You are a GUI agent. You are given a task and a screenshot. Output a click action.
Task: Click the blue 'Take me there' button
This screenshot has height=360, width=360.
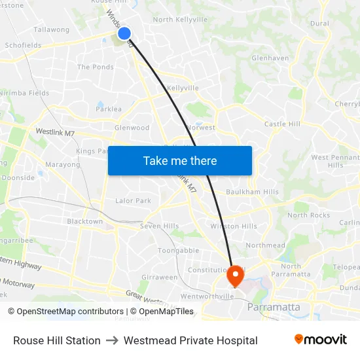(x=180, y=160)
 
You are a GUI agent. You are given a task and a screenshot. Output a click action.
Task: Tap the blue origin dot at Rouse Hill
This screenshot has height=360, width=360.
(x=124, y=33)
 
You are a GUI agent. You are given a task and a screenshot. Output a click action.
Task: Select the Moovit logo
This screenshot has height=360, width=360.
(x=321, y=340)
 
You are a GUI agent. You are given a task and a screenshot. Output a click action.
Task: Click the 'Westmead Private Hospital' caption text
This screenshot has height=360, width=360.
(x=190, y=340)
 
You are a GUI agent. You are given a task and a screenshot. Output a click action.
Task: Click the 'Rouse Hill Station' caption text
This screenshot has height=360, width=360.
(x=57, y=340)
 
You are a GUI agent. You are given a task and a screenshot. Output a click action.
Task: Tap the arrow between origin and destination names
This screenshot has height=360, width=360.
(x=112, y=340)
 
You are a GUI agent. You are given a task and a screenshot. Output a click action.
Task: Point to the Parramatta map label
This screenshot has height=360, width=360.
(x=274, y=307)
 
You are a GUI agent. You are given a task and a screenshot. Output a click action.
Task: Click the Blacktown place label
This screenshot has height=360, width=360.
(x=85, y=221)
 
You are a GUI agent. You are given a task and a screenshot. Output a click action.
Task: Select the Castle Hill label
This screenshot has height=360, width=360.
(x=282, y=124)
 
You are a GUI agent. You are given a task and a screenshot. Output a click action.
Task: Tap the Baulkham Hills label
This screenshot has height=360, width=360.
(x=252, y=192)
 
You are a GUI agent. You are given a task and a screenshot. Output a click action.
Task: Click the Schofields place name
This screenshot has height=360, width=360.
(x=23, y=45)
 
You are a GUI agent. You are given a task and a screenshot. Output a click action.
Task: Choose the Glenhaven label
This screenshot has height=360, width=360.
(x=270, y=58)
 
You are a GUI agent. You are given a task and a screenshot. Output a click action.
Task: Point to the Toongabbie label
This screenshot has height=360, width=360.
(x=178, y=250)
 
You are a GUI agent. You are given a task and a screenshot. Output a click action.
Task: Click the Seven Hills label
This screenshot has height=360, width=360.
(x=159, y=226)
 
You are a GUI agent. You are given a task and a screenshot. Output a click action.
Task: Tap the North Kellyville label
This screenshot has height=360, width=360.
(x=181, y=20)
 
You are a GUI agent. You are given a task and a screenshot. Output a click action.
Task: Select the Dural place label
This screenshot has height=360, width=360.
(x=319, y=23)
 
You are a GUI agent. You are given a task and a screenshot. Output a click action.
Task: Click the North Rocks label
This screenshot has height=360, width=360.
(x=309, y=215)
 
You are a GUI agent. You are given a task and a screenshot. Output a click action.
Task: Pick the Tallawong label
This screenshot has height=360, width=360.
(x=51, y=29)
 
